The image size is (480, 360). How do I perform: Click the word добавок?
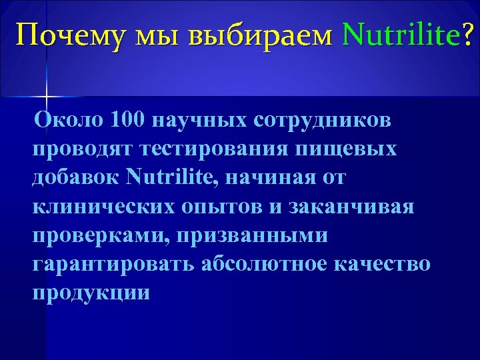click(74, 178)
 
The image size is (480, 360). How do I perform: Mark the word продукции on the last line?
click(91, 293)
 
